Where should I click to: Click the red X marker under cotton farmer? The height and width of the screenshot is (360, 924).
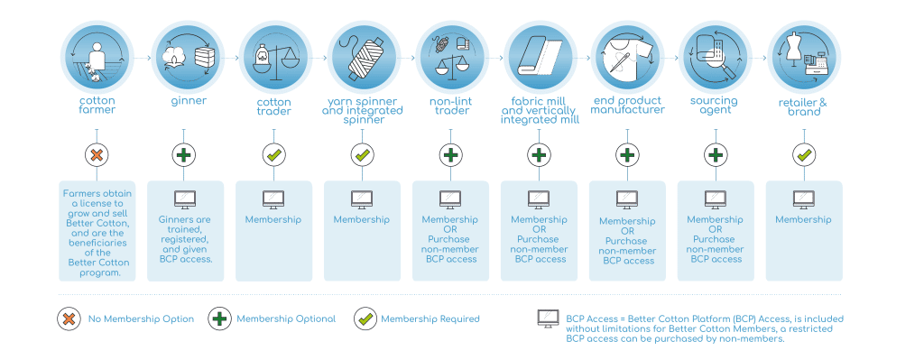tap(97, 155)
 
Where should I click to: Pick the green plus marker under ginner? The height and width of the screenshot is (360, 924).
tap(184, 155)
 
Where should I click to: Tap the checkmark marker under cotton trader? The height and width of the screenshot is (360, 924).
tap(274, 155)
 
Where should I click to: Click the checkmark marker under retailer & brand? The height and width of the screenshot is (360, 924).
tap(804, 155)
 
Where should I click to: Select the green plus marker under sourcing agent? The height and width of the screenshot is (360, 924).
tap(716, 155)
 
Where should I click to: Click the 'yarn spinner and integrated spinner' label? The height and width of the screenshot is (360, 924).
tap(363, 111)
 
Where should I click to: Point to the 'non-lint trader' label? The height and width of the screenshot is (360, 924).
tap(450, 106)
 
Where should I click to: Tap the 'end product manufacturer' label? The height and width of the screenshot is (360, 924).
tap(628, 106)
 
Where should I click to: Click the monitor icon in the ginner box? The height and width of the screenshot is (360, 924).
tap(185, 199)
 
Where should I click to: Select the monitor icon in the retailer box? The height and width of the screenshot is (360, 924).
tap(804, 199)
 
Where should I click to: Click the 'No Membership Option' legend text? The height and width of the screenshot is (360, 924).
tap(141, 319)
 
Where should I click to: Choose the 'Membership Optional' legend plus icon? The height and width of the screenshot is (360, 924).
tap(220, 318)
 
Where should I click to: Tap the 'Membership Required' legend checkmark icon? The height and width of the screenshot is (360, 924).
tap(365, 318)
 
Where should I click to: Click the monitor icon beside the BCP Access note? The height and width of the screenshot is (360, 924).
tap(548, 319)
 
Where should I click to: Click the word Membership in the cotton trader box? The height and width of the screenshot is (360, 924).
tap(273, 220)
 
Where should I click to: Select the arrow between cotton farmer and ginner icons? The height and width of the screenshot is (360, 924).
tap(142, 59)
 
